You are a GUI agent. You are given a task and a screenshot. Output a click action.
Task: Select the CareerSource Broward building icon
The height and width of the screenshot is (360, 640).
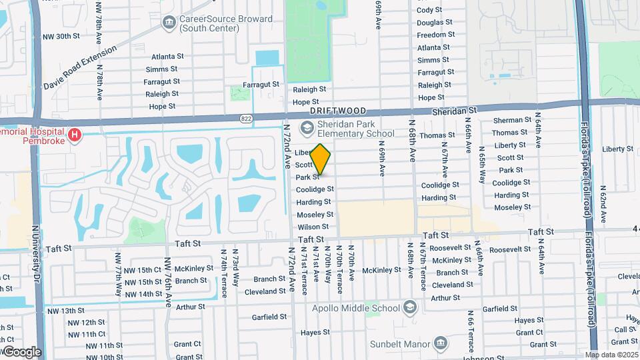(x=168, y=23)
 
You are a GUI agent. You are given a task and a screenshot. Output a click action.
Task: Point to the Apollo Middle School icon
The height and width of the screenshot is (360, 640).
(x=409, y=307)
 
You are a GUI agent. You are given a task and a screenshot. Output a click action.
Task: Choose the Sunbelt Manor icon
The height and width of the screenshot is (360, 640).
(x=440, y=344)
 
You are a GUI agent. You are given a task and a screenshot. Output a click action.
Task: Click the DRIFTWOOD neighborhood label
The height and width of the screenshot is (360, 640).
(x=337, y=113)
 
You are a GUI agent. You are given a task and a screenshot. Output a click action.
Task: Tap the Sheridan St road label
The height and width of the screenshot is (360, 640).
(x=455, y=110)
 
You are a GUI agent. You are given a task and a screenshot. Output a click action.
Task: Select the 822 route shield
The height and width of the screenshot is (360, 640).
(x=247, y=119)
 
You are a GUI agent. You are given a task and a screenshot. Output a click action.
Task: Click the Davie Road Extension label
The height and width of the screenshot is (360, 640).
(x=80, y=67)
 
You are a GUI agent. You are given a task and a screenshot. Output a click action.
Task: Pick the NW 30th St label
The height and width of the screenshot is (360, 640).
(x=61, y=36)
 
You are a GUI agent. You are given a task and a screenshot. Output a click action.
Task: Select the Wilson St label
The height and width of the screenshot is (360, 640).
(x=314, y=227)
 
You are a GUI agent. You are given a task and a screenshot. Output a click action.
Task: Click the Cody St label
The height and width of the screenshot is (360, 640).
(x=429, y=10)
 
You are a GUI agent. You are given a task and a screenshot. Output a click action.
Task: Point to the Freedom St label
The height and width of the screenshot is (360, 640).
(x=435, y=35)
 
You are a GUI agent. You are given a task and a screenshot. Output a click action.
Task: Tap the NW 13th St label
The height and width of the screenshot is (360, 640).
(x=61, y=311)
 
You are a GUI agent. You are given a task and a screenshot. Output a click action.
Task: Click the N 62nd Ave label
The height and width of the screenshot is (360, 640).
(x=603, y=204)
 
